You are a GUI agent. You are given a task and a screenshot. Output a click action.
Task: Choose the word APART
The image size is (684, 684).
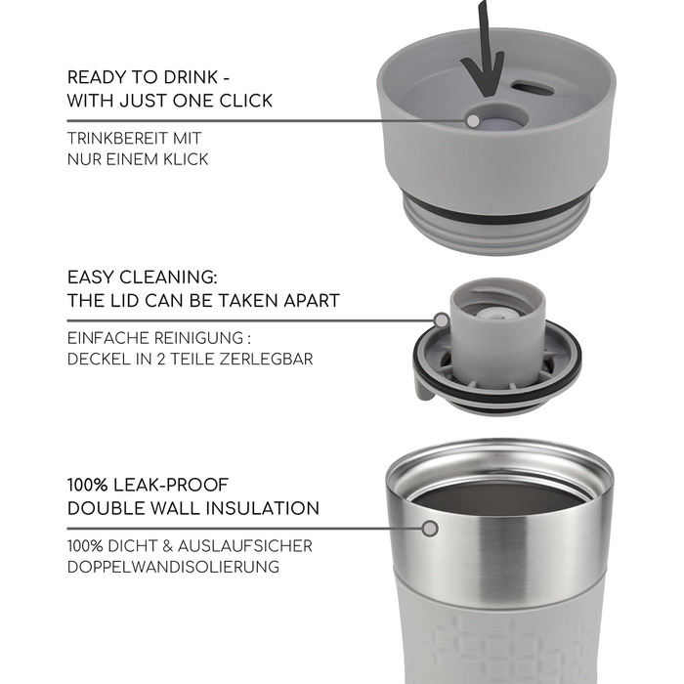(312, 301)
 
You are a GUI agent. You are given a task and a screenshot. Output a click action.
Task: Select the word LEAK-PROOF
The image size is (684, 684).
(170, 485)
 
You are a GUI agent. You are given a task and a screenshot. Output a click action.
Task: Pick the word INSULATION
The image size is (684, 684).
(263, 509)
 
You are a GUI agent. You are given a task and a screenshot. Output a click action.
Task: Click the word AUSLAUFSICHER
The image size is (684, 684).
(244, 546)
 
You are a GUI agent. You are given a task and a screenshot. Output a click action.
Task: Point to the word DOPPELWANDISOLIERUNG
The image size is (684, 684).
(173, 567)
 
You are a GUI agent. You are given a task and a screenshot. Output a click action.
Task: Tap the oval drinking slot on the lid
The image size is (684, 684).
(534, 87)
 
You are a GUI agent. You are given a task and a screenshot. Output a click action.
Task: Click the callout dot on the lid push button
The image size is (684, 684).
(472, 120)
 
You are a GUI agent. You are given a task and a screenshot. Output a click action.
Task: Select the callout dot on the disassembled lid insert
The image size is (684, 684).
(442, 321)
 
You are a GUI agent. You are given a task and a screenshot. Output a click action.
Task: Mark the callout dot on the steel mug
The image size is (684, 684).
(430, 529)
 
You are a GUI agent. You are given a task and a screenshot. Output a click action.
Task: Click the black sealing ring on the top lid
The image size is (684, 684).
(499, 215)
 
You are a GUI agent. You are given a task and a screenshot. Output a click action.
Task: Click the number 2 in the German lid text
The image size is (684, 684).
(161, 359)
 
